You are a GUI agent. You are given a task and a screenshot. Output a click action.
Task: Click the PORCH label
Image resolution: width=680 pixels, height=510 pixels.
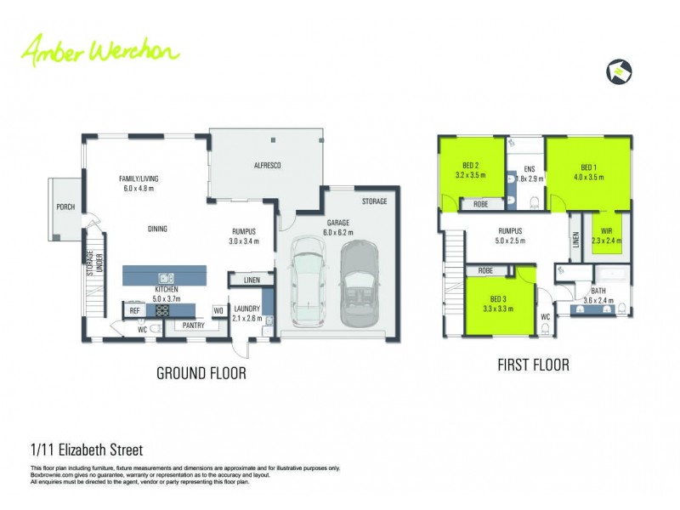(x=65, y=207)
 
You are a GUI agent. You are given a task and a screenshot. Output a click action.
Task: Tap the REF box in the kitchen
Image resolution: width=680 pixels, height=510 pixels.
(x=134, y=312)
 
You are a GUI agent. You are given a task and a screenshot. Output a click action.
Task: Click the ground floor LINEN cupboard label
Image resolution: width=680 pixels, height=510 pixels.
(x=251, y=280)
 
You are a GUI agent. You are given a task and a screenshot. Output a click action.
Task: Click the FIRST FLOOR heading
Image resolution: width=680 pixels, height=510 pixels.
(x=533, y=365)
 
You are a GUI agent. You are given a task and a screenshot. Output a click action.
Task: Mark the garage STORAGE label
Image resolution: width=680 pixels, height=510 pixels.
(x=374, y=201)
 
